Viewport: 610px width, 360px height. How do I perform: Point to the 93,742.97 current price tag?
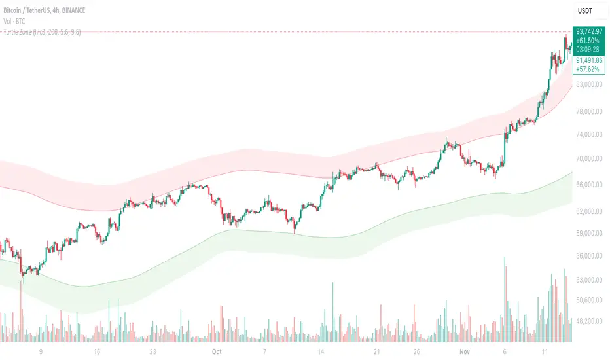(590, 30)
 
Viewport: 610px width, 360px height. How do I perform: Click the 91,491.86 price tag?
(590, 60)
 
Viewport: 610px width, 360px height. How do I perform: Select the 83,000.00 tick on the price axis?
(590, 85)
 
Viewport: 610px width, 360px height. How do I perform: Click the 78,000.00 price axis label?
(590, 111)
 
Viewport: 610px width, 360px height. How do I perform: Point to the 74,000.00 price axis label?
(590, 135)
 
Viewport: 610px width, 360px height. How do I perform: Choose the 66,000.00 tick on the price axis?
(590, 185)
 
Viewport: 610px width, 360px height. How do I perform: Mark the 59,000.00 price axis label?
(590, 233)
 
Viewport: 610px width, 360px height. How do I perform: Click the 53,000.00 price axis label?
(590, 280)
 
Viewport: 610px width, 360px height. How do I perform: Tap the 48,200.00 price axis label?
(590, 321)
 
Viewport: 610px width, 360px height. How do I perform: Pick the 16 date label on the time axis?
(96, 351)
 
